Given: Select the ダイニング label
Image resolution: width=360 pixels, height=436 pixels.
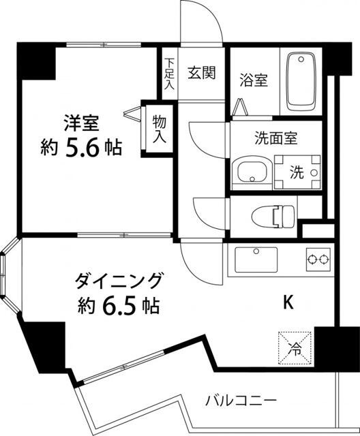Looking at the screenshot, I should point(119,280).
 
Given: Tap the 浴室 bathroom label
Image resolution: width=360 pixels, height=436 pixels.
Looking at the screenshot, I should point(252,80).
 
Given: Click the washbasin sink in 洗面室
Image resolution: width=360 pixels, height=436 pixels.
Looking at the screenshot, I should point(250,174).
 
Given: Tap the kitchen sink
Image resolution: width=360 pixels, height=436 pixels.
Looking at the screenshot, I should point(257,259).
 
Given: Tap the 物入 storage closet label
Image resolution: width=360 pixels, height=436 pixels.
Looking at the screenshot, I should point(159,128).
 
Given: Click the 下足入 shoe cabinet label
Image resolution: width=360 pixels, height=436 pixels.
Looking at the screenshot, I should point(168,75).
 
